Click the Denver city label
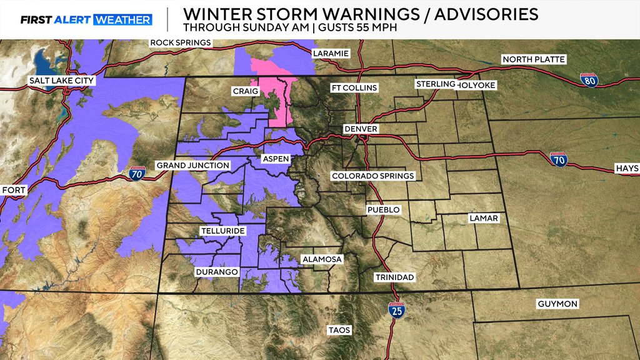point(361,129)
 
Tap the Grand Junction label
point(192,165)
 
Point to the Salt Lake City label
point(61,81)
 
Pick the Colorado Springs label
point(372,176)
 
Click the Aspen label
point(276,159)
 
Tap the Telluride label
point(222,231)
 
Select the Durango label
point(217,272)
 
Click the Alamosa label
point(321,259)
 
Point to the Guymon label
point(557,304)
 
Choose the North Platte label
point(534,59)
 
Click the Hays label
point(627,169)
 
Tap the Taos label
point(340,329)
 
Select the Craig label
point(246,91)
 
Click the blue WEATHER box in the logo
point(123,20)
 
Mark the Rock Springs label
point(181,43)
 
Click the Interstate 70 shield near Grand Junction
point(137,172)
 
